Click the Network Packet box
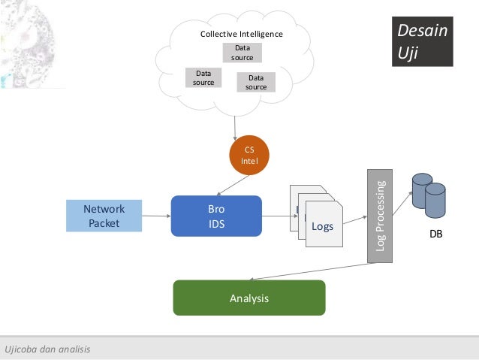[x=104, y=216]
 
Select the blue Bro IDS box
[x=216, y=216]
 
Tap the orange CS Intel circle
[x=249, y=155]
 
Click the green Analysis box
[x=249, y=298]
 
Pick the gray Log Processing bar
[x=380, y=216]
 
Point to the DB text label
[x=436, y=234]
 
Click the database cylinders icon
[x=429, y=195]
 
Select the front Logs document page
[x=324, y=224]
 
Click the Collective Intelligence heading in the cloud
[x=241, y=34]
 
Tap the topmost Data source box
[x=243, y=53]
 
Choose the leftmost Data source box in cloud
[x=203, y=77]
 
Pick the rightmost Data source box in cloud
[x=256, y=82]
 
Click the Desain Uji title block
[x=423, y=41]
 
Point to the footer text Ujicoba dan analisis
[x=47, y=349]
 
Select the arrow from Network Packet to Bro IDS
[x=156, y=216]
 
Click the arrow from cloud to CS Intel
[x=235, y=129]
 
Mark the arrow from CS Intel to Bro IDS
[x=233, y=186]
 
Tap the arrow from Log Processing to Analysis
[x=312, y=271]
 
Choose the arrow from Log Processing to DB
[x=402, y=204]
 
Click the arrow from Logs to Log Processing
[x=354, y=220]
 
